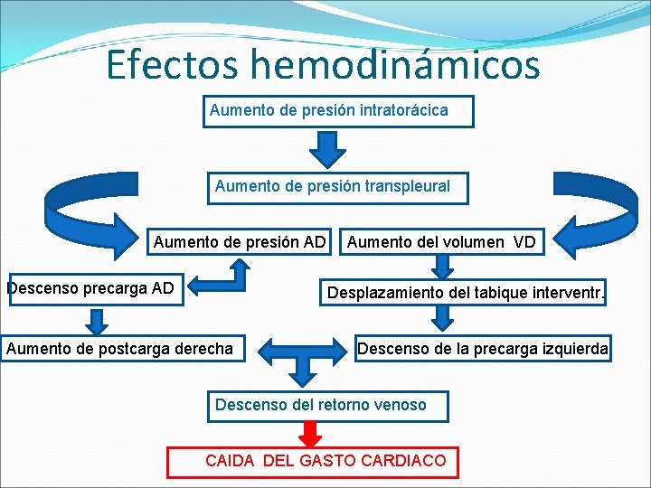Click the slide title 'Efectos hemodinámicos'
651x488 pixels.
(323, 65)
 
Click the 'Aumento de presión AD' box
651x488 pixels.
(240, 242)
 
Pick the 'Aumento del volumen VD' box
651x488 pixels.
(441, 242)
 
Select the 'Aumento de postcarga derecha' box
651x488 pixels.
(119, 348)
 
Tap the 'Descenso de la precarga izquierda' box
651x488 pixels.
(483, 348)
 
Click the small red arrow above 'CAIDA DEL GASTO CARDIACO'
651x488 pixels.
(310, 435)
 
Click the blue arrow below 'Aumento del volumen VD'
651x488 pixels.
(442, 266)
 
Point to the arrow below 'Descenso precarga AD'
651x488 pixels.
(95, 320)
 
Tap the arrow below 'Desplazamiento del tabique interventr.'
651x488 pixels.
(442, 317)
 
